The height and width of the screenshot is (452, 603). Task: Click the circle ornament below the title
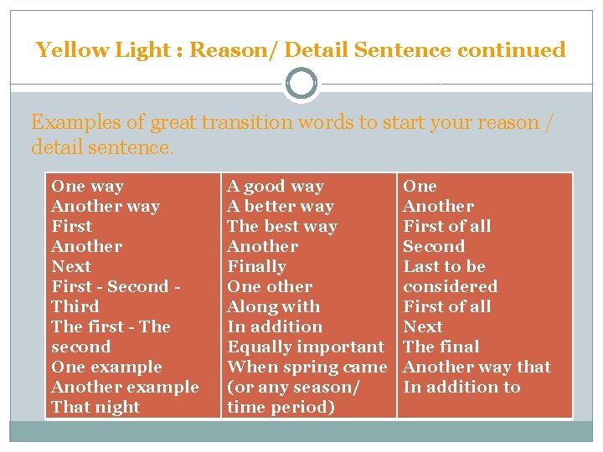coord(301,84)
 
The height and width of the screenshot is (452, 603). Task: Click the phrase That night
coord(95,408)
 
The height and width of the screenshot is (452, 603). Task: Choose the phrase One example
coord(106,367)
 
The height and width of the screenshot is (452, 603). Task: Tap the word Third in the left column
coord(75,307)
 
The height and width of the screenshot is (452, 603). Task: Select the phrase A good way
coord(276,187)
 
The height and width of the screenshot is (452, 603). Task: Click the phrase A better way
coord(281,207)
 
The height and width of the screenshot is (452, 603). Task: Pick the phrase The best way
coord(282,227)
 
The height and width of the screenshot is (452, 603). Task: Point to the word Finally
coord(256,267)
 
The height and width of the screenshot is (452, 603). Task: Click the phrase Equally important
coord(306,347)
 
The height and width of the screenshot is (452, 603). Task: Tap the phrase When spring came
coord(307,367)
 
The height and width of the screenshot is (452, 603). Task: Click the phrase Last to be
coord(444,267)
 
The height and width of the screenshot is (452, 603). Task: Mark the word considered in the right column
coord(451,287)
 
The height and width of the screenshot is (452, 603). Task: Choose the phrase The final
coord(441,347)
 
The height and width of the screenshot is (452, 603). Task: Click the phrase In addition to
coord(461,388)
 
